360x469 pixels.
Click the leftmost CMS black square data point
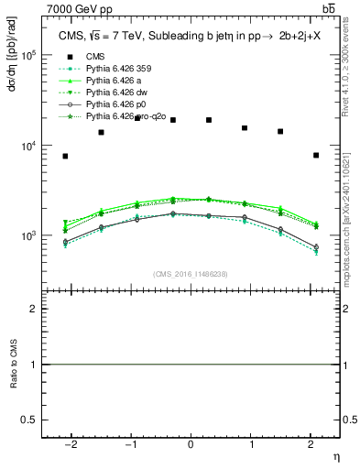click(x=65, y=156)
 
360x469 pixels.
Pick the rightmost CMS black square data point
click(x=315, y=155)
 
